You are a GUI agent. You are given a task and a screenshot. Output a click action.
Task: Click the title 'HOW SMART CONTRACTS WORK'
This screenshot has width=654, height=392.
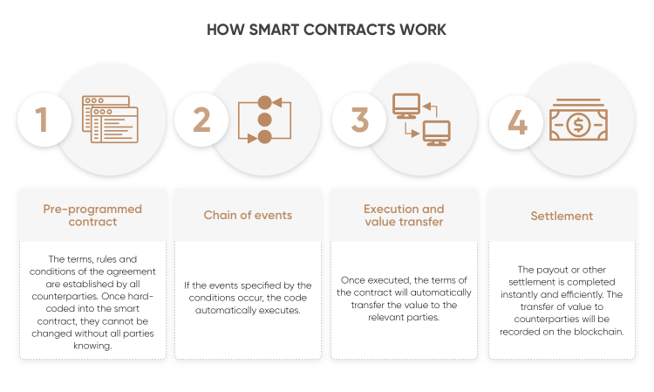(x=327, y=30)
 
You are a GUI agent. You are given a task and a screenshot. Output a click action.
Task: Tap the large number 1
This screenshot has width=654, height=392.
(x=42, y=120)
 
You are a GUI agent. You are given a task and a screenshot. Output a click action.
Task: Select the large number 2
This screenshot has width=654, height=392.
(x=202, y=120)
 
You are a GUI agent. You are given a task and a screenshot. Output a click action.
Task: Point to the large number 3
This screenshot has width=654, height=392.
(x=359, y=120)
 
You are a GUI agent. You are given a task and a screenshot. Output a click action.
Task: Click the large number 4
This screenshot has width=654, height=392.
(x=518, y=122)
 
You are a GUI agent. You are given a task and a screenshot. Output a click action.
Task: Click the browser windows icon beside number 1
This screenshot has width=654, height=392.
(x=110, y=120)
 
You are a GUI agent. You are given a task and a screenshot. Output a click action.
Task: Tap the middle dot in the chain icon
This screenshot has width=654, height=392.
(x=264, y=120)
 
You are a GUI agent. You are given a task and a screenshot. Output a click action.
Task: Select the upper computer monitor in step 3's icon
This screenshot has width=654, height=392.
(x=406, y=106)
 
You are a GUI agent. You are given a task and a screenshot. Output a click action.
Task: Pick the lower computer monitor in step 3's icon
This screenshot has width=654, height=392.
(x=436, y=134)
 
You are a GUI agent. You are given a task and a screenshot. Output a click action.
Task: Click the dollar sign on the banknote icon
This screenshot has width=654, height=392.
(x=578, y=125)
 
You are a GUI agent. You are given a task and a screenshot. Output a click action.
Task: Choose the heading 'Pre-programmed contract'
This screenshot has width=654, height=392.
(x=92, y=215)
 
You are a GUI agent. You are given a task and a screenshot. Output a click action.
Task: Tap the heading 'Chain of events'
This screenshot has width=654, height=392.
(x=248, y=215)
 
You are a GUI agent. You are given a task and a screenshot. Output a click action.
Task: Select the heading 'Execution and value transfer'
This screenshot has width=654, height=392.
(x=404, y=215)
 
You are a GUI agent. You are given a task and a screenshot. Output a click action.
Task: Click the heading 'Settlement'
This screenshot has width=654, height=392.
(x=562, y=216)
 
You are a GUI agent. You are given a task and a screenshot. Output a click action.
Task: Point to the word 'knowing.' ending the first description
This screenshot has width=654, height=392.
(x=92, y=346)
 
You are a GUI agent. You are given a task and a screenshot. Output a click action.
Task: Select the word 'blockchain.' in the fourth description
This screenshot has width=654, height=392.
(x=599, y=332)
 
